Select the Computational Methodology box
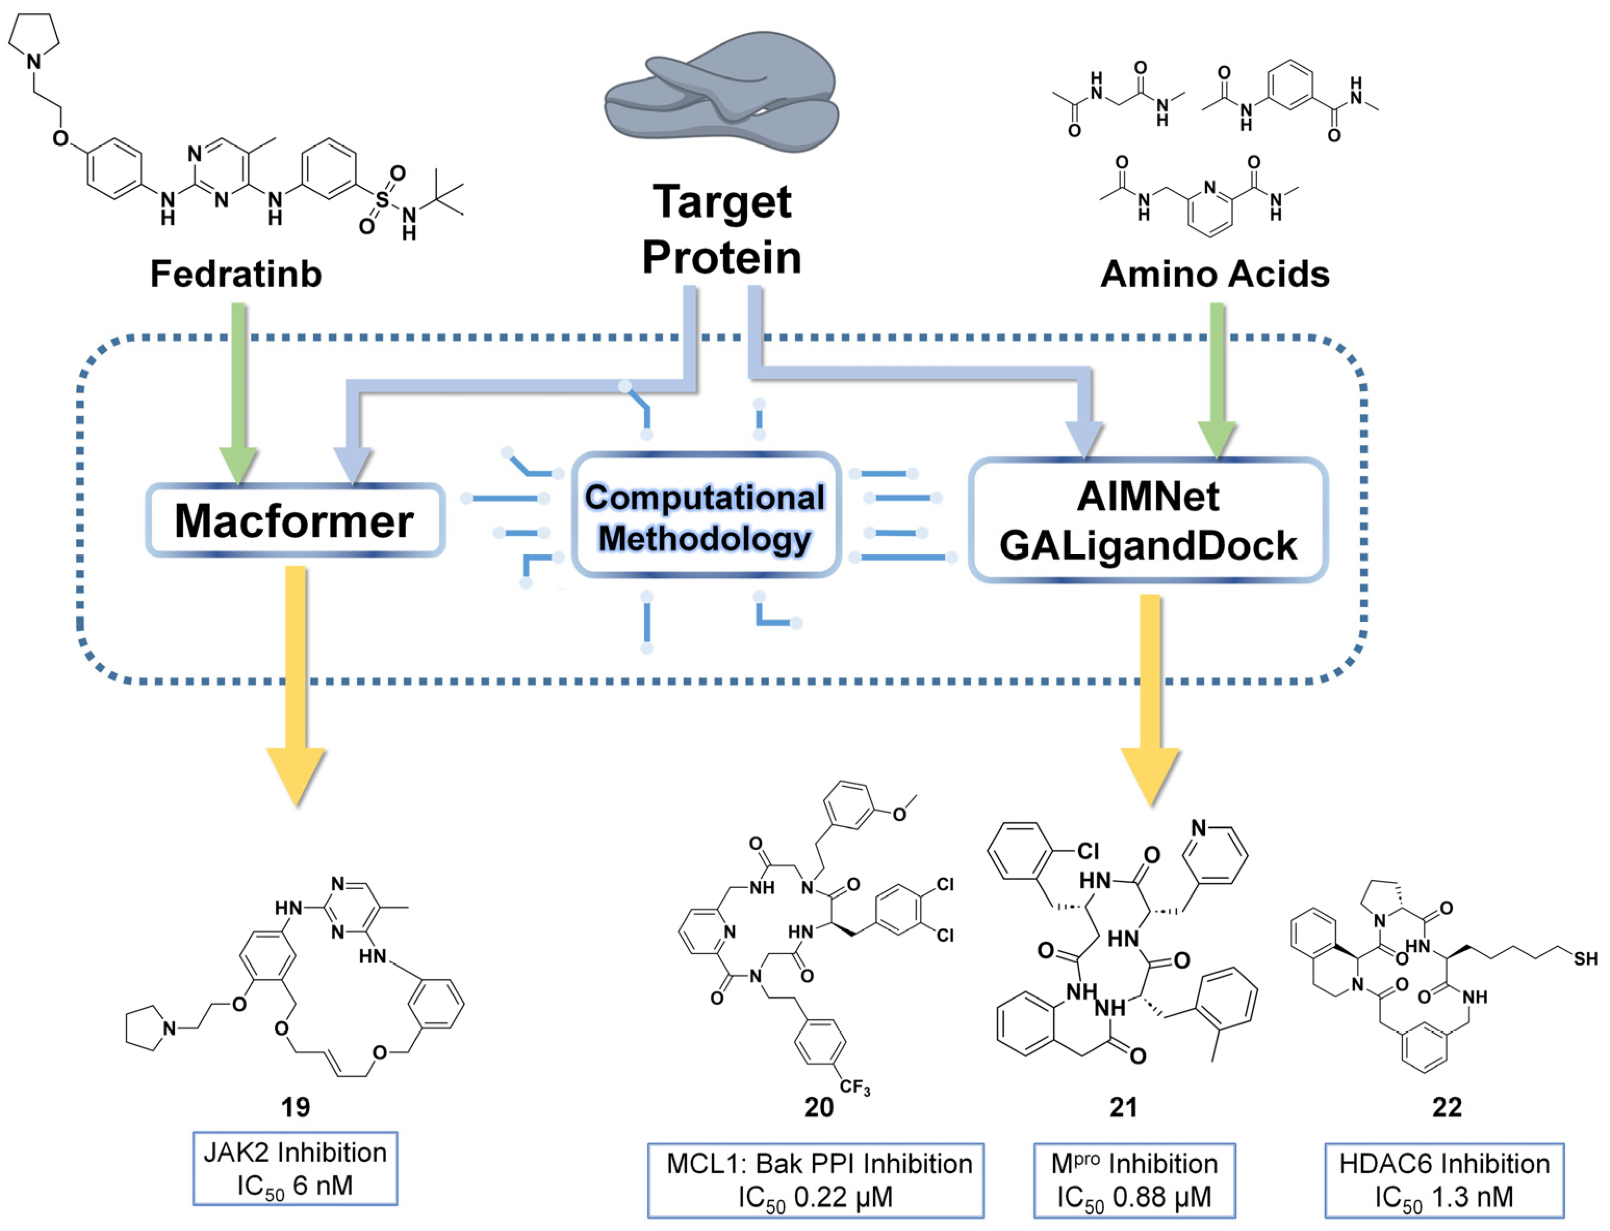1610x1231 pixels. (x=705, y=517)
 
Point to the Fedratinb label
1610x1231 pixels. (x=236, y=274)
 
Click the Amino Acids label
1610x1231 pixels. (x=1215, y=274)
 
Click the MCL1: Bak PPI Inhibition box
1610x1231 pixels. (x=815, y=1179)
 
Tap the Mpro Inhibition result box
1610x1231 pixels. (x=1134, y=1179)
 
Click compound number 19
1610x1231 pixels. (x=296, y=1107)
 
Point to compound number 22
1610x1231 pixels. (x=1447, y=1107)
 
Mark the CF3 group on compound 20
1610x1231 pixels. (x=854, y=1087)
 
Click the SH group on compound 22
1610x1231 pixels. (x=1585, y=959)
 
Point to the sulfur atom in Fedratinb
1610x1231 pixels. (x=382, y=199)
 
